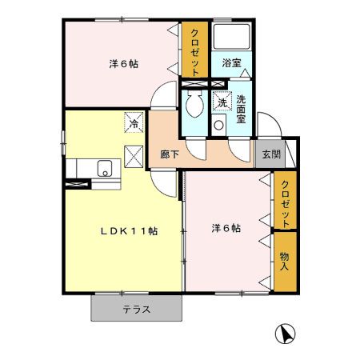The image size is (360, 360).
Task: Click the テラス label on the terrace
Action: pyautogui.click(x=137, y=310)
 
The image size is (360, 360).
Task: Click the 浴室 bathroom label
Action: pyautogui.click(x=232, y=62)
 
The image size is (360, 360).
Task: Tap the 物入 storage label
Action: pyautogui.click(x=284, y=262)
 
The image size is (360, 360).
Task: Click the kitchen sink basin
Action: pyautogui.click(x=103, y=169)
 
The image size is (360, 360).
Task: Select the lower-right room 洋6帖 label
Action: pyautogui.click(x=226, y=230)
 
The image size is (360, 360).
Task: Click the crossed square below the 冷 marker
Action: pyautogui.click(x=134, y=154)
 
